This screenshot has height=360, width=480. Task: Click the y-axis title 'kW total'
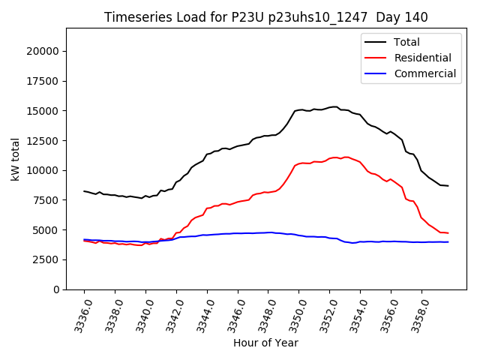tap(16, 159)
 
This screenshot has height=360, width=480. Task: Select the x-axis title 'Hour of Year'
tap(265, 343)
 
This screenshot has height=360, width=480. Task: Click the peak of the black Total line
tap(335, 106)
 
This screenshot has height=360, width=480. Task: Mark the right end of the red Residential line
tap(448, 233)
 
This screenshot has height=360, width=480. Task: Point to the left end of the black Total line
tap(84, 190)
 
